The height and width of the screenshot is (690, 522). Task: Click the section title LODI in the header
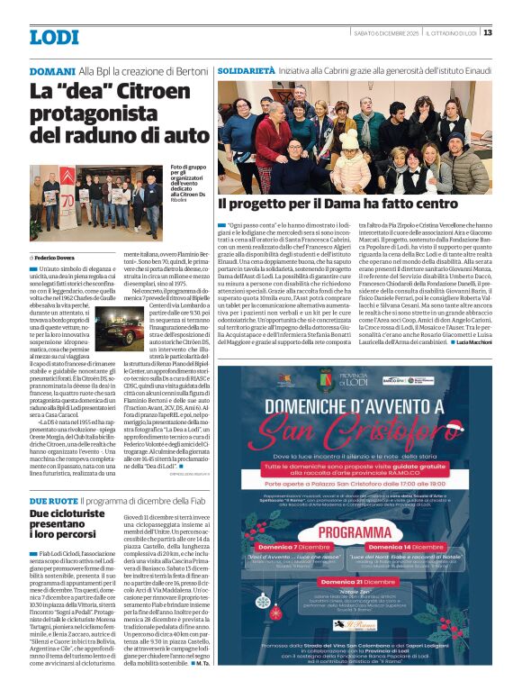click(54, 37)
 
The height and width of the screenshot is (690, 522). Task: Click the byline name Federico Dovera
click(56, 232)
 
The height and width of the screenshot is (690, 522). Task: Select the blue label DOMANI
click(51, 70)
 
